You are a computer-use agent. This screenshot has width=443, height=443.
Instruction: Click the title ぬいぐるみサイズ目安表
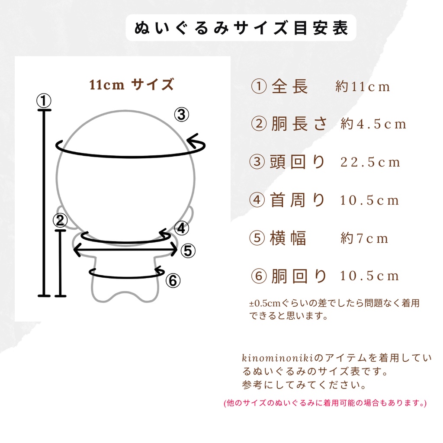(241, 28)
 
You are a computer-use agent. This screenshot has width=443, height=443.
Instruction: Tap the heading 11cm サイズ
(132, 84)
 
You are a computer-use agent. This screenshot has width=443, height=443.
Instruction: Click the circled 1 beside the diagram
(43, 101)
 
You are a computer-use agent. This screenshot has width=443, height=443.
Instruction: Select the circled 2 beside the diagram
(60, 221)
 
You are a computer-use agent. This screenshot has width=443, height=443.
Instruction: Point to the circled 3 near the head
(182, 115)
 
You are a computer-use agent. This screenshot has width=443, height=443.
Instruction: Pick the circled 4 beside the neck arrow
(182, 228)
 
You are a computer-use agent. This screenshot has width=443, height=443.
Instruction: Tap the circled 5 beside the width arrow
(188, 250)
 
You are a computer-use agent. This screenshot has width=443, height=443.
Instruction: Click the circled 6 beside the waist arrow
(173, 281)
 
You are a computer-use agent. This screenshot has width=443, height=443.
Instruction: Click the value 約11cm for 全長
(363, 87)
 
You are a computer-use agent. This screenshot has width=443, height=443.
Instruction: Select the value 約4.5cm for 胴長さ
(373, 125)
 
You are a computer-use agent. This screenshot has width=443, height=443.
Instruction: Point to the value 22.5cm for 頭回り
(370, 163)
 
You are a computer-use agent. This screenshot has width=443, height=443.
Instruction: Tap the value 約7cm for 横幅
(364, 238)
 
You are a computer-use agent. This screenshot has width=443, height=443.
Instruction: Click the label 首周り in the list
(298, 200)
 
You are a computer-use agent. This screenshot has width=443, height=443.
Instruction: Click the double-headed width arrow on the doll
(125, 250)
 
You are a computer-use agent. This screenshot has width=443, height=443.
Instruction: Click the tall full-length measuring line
(44, 203)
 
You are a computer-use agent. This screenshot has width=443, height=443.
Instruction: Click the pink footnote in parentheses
(325, 403)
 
